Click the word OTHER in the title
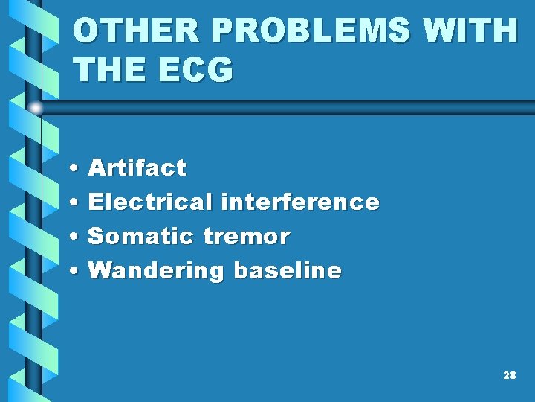(123, 31)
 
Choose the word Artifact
(137, 168)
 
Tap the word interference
(300, 202)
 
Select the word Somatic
(140, 237)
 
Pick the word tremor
(246, 237)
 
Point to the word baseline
(288, 271)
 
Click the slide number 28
(509, 376)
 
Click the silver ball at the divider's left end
(36, 108)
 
